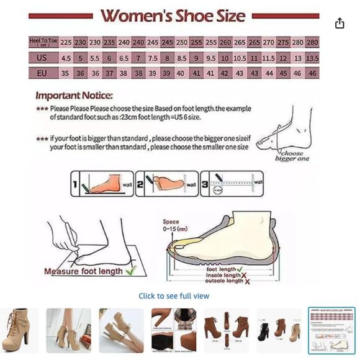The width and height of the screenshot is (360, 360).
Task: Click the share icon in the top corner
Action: coord(340,23)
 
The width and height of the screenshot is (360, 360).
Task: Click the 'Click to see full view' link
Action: coord(174,296)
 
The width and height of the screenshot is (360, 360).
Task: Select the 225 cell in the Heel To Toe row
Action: coord(66,42)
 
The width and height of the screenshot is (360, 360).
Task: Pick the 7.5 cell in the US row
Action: coord(153,58)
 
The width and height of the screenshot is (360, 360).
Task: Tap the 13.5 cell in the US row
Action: coord(312,58)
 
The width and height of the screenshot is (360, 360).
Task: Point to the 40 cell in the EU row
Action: coord(181,73)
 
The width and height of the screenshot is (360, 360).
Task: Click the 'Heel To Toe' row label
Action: coord(43,42)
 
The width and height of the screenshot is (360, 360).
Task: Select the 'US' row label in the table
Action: coord(43,58)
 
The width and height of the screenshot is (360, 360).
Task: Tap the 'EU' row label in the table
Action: coord(43,73)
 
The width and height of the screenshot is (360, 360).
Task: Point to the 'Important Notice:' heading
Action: coord(74,96)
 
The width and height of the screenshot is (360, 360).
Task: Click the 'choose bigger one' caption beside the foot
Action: coord(292,155)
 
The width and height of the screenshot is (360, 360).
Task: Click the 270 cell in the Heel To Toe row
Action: coord(268,42)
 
